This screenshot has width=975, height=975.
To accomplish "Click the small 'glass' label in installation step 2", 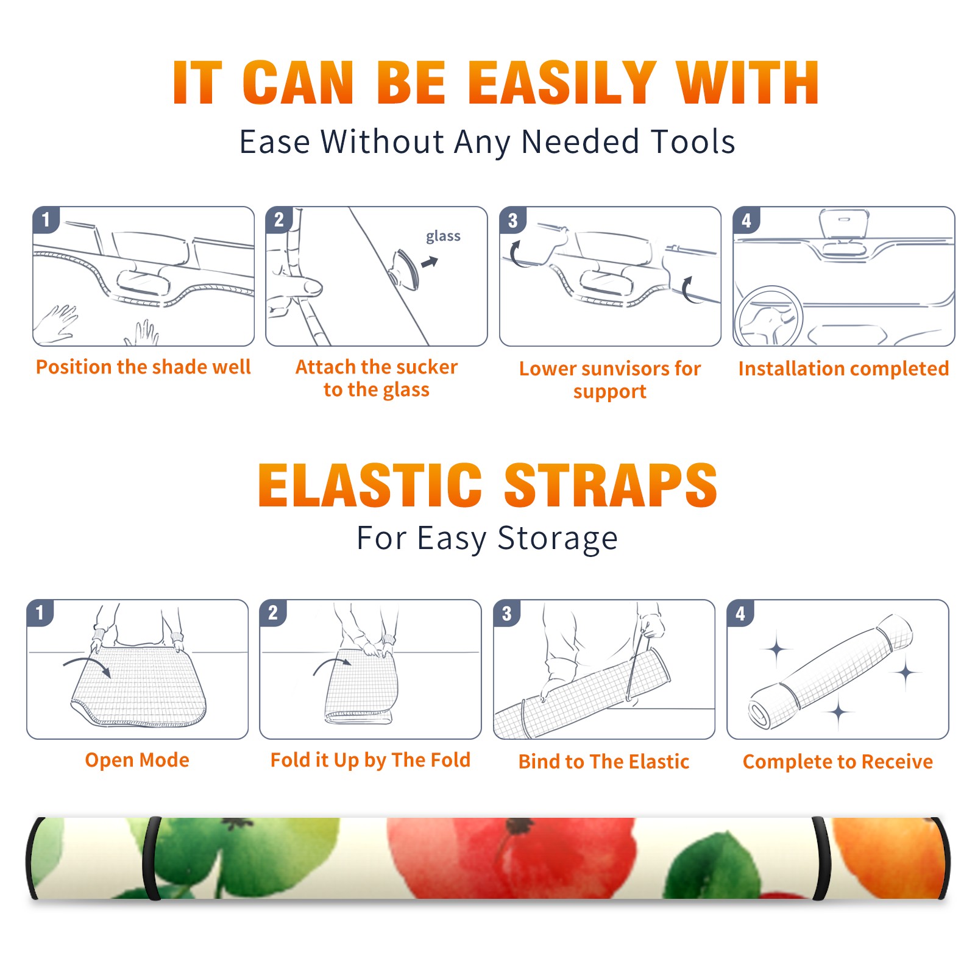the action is (x=443, y=236).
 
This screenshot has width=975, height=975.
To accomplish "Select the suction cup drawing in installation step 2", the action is (x=405, y=269).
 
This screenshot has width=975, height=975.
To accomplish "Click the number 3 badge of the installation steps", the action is (x=512, y=220).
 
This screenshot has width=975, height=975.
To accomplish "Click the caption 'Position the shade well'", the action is (x=143, y=367).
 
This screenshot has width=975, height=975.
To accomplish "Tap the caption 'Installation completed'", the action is (x=843, y=369).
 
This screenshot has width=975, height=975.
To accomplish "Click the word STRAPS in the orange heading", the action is (x=611, y=484).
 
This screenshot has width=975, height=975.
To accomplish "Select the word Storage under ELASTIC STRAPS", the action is (x=558, y=538).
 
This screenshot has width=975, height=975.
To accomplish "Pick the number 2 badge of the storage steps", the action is (x=273, y=612).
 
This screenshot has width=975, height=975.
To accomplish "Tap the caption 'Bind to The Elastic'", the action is (x=604, y=762).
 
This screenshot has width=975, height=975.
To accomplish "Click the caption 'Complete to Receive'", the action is (x=838, y=762).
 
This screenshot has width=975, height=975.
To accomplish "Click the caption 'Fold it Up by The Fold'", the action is (x=370, y=760).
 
